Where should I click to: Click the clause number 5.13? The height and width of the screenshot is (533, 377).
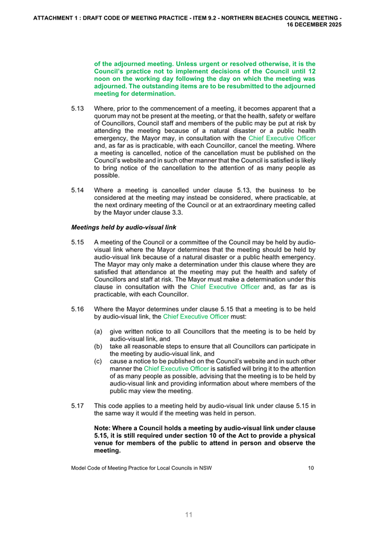point(78,108)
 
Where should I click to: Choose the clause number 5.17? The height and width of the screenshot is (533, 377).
point(78,406)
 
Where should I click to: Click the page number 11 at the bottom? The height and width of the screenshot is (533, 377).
point(189,515)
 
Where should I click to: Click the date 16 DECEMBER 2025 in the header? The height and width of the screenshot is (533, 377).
point(314,25)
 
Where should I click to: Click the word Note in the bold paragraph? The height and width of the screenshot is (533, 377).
point(104,427)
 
